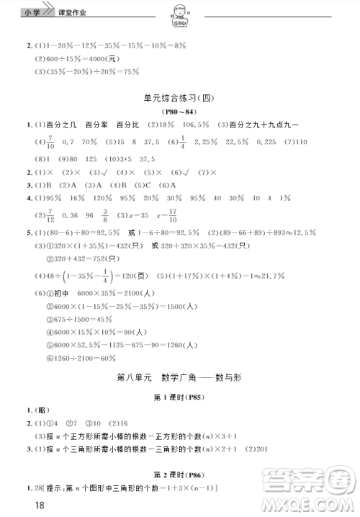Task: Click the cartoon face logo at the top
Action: coord(180,14)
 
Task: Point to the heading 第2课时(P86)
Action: coord(179,476)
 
